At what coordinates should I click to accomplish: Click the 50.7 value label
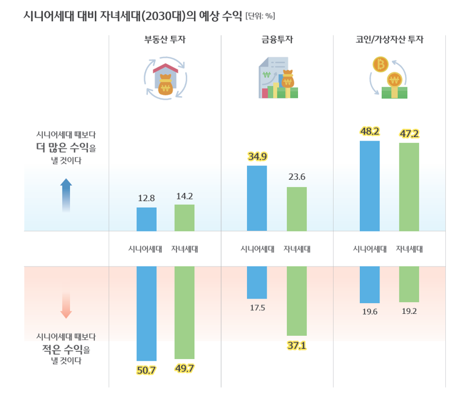tap(146, 370)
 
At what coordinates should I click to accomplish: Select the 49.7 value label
tap(184, 368)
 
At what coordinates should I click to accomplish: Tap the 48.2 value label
tap(369, 131)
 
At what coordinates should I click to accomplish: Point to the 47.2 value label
tap(409, 134)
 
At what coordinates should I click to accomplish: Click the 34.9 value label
tap(257, 157)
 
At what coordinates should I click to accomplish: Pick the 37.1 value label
tap(296, 345)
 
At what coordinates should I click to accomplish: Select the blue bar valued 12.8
tap(147, 219)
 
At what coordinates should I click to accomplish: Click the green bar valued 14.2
tap(184, 218)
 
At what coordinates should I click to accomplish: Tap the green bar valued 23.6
tap(296, 209)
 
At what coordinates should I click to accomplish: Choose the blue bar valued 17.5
tap(257, 282)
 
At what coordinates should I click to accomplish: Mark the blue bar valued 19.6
tap(369, 285)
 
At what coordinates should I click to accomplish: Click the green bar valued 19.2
tap(409, 284)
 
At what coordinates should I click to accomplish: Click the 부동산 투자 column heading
tap(165, 40)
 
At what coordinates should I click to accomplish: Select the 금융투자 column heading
tap(277, 40)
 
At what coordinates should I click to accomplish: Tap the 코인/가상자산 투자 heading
tap(389, 40)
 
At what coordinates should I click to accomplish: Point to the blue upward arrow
tap(66, 195)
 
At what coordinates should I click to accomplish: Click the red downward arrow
tap(66, 304)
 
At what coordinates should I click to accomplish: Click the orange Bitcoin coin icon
tap(379, 64)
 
